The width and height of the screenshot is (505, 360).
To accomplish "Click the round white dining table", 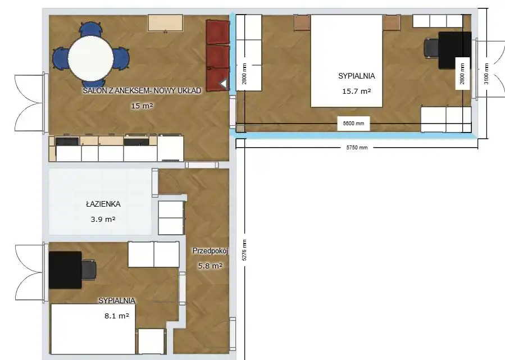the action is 90,58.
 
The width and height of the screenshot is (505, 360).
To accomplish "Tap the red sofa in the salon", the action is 218,56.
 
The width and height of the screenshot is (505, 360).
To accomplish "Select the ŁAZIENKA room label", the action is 103,204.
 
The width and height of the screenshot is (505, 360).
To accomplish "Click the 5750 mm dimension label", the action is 357,148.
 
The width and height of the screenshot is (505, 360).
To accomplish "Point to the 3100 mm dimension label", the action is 486,74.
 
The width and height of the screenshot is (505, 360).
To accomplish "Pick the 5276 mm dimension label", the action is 244,250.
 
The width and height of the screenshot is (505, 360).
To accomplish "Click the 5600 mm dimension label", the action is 353,124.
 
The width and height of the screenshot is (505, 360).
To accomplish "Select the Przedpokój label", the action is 210,251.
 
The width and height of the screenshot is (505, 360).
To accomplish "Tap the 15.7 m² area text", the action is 357,91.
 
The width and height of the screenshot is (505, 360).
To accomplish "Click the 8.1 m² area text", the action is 117,316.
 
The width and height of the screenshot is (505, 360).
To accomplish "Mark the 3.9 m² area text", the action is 103,219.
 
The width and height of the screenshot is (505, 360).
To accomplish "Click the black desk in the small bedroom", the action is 65,270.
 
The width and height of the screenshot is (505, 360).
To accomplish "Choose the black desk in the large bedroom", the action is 455,50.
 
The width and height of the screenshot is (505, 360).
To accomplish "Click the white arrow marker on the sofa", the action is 224,84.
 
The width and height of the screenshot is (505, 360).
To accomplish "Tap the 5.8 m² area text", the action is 210,266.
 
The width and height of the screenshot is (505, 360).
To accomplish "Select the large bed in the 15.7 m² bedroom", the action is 347,61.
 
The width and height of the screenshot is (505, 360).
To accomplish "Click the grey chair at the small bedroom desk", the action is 89,270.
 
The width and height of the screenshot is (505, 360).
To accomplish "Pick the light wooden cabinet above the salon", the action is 166,23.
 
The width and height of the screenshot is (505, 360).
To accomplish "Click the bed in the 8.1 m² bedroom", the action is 93,329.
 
